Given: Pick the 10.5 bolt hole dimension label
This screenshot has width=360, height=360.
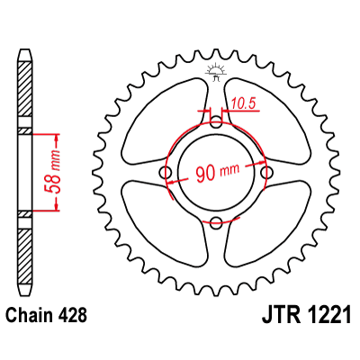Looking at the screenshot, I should click(240, 104).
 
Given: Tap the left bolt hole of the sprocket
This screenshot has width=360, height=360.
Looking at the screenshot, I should click(165, 171).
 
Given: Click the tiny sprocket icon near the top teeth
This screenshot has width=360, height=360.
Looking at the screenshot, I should click(215, 71).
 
